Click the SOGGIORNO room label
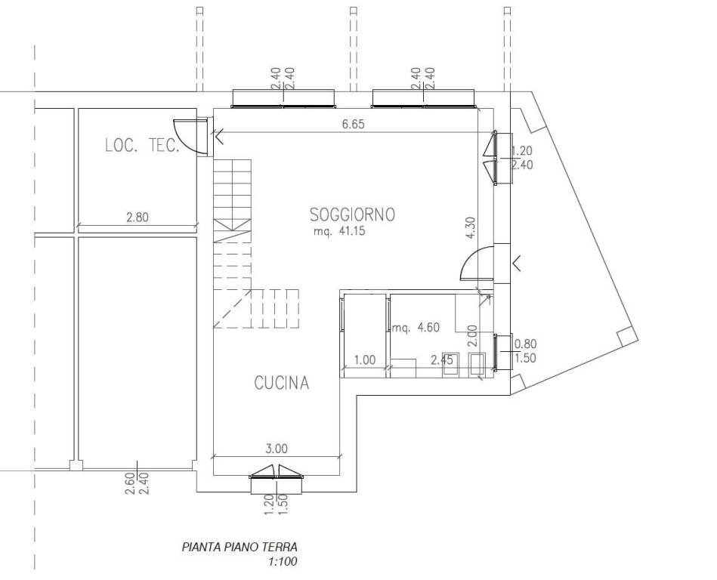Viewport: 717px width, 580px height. pyautogui.click(x=352, y=214)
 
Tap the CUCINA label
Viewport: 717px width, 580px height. pyautogui.click(x=282, y=383)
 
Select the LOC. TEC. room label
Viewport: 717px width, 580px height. pyautogui.click(x=142, y=146)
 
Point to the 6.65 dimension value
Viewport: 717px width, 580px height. pyautogui.click(x=354, y=124)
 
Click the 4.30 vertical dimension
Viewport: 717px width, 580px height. pyautogui.click(x=471, y=228)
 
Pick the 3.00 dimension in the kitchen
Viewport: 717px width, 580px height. pyautogui.click(x=277, y=449)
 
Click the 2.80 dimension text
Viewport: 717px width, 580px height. pyautogui.click(x=138, y=217)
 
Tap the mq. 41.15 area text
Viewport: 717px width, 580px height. pyautogui.click(x=339, y=231)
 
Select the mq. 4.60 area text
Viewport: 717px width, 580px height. pyautogui.click(x=416, y=327)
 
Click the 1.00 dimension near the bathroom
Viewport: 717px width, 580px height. pyautogui.click(x=364, y=359)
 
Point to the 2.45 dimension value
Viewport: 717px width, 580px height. pyautogui.click(x=442, y=359)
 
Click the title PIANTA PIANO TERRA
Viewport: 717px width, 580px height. pyautogui.click(x=240, y=547)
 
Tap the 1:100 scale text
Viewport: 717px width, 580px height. pyautogui.click(x=283, y=561)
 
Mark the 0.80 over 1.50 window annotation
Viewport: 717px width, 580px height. pyautogui.click(x=525, y=350)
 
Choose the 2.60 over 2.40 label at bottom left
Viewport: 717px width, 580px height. pyautogui.click(x=137, y=483)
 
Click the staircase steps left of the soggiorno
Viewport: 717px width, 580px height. pyautogui.click(x=233, y=243)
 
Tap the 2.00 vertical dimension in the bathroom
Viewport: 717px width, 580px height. pyautogui.click(x=473, y=336)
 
